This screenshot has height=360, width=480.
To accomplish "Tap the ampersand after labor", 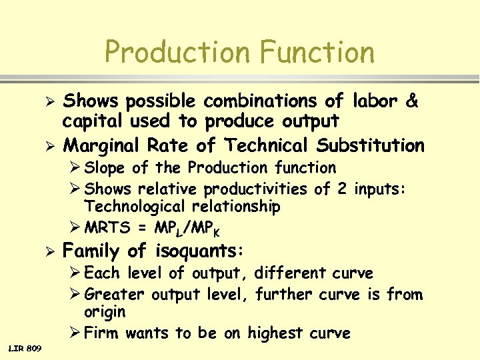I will pyautogui.click(x=411, y=101).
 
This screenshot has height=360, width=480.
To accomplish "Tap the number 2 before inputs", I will pyautogui.click(x=341, y=189).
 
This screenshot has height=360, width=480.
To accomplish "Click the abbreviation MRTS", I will pyautogui.click(x=107, y=229).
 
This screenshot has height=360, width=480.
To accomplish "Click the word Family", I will pyautogui.click(x=93, y=251).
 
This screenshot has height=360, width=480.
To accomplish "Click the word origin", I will pyautogui.click(x=105, y=312).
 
